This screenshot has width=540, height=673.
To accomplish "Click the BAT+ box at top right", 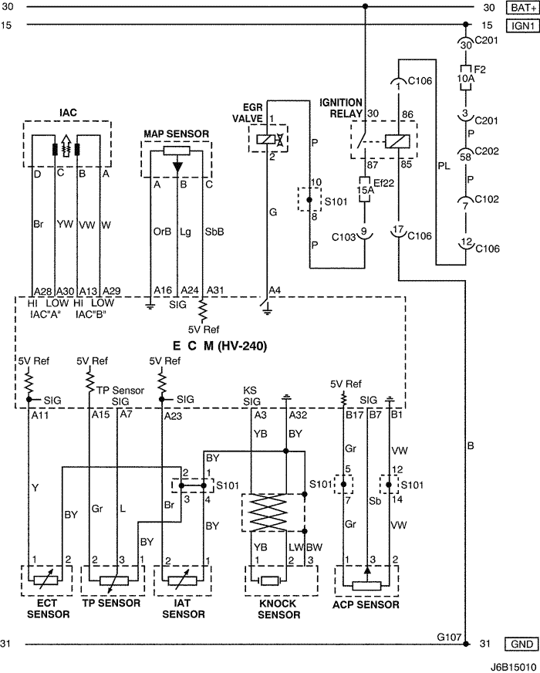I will [521, 8].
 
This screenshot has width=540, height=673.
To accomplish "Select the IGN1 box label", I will [521, 25].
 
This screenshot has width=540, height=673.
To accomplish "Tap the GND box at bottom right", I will [521, 644].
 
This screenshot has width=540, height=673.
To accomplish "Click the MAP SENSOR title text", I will [176, 134].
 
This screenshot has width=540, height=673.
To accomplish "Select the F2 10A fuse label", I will [464, 73].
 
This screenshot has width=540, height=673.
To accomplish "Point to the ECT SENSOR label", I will [48, 609].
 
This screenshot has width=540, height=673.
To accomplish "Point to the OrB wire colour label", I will [160, 229].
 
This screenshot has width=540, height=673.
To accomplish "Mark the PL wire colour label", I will [443, 164].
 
